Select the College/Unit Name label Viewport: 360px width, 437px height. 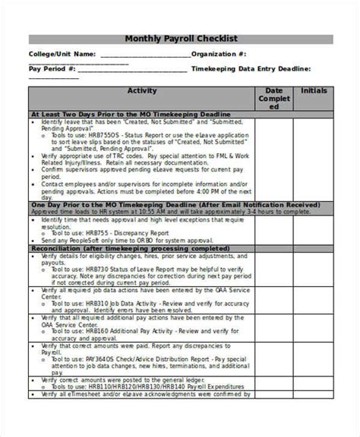62,55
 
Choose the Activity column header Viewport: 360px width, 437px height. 141,90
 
